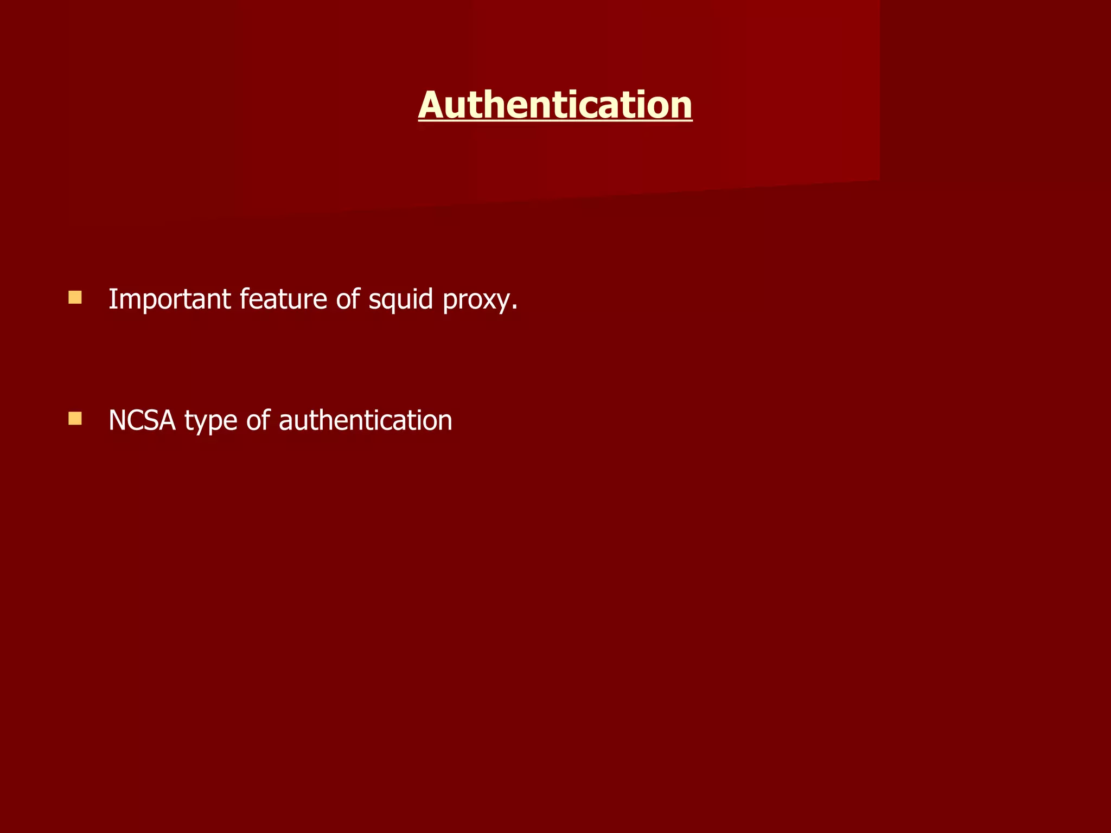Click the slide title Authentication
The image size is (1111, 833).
555,105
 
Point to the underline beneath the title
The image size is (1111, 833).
555,121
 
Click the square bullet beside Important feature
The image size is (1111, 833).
75,297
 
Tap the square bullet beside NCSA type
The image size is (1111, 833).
75,418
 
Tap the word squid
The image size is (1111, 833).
401,299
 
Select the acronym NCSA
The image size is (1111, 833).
142,420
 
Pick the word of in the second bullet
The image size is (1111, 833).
258,420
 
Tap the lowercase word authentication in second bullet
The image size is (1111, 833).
365,420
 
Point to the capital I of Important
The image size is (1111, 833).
112,299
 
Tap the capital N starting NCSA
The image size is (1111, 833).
117,420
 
